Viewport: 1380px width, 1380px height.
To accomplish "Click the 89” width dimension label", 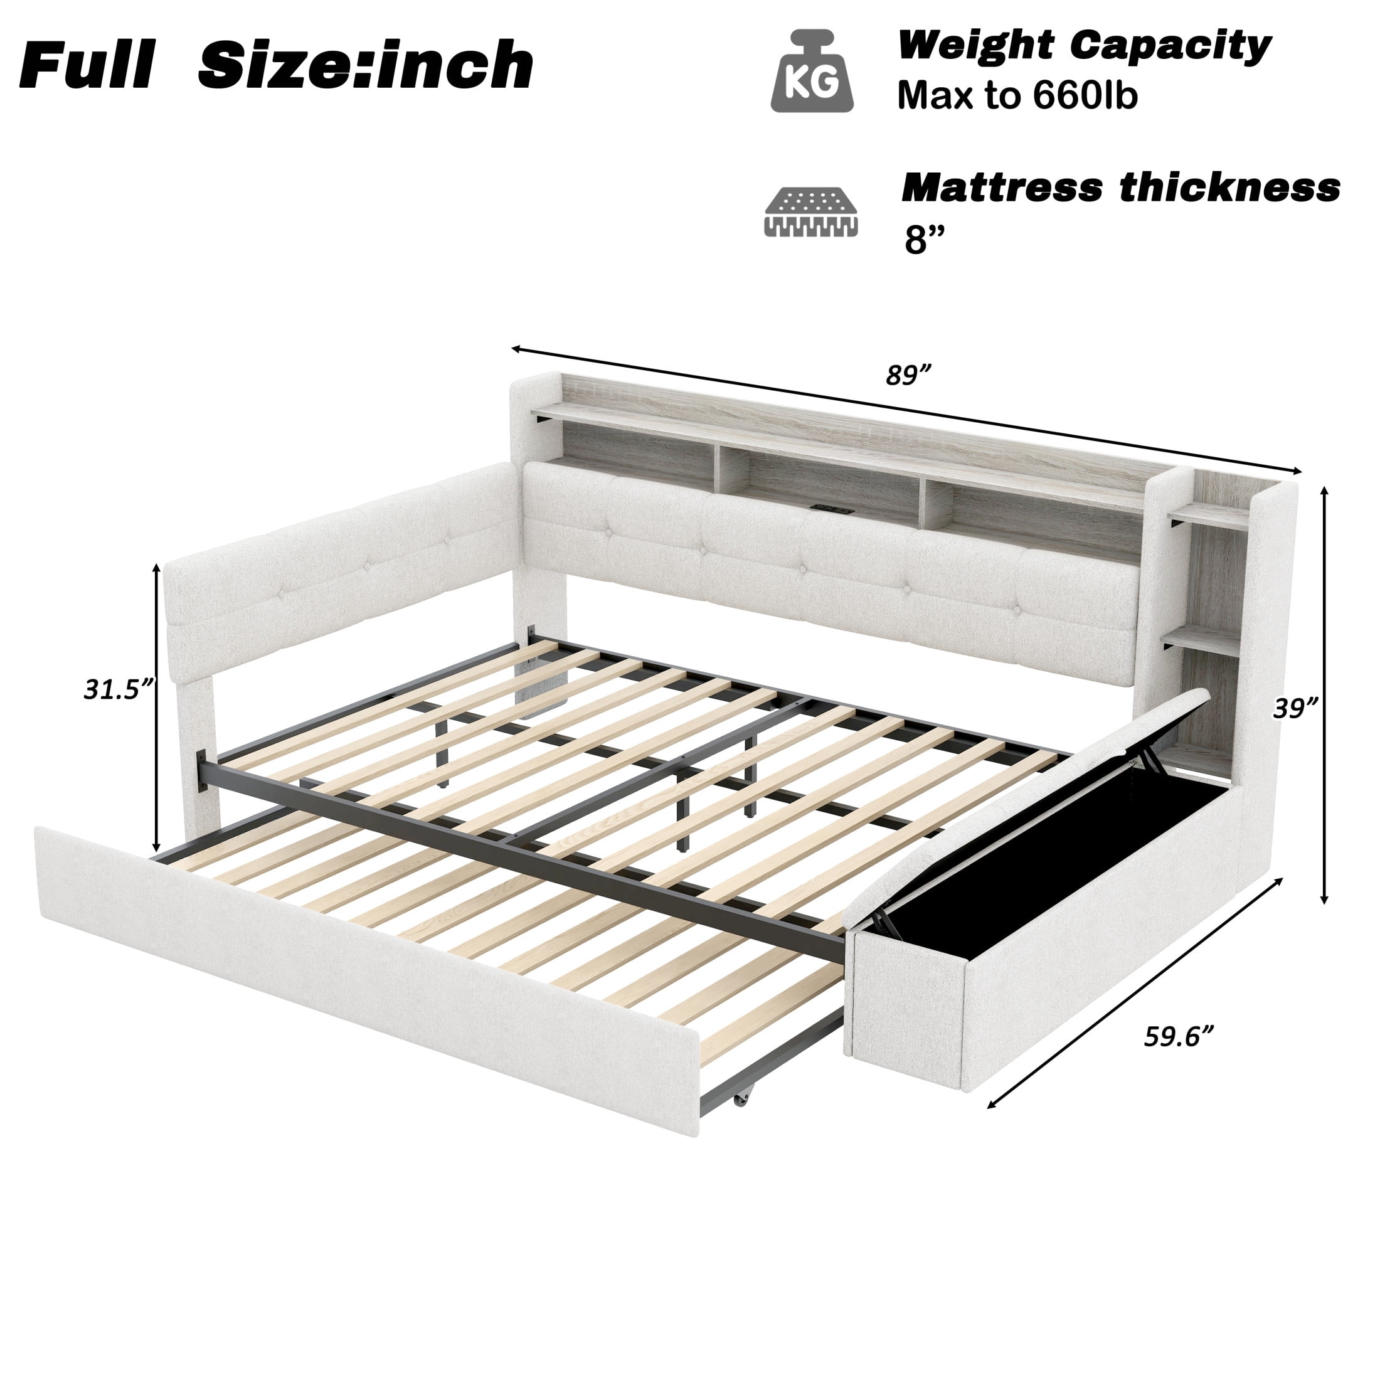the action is point(908,374).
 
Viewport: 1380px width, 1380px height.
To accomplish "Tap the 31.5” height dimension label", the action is point(119,689).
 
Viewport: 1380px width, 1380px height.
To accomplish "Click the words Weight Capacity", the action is point(1085,46).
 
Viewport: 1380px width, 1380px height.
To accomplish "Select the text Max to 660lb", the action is point(1017,97).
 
